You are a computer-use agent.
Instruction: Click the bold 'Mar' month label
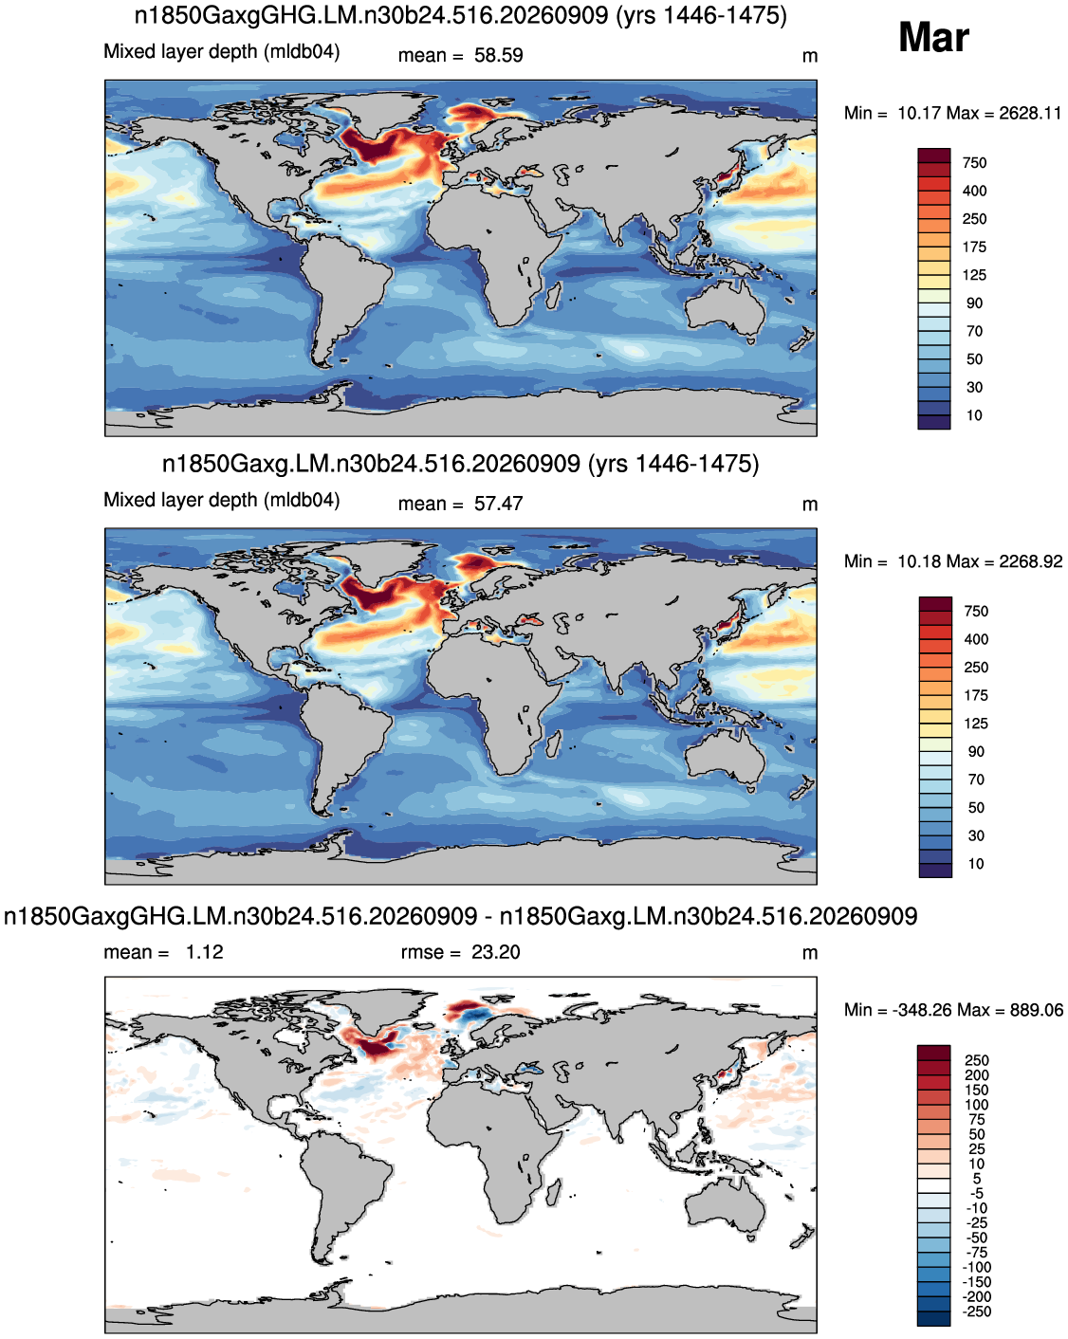tap(933, 37)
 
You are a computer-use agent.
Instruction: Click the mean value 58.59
tap(498, 55)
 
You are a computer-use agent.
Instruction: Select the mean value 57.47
tap(498, 504)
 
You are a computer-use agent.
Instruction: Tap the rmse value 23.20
tap(495, 952)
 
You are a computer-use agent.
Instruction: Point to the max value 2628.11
tap(1029, 113)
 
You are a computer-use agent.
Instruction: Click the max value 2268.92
tap(1031, 561)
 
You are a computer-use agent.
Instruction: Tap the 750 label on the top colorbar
tap(975, 163)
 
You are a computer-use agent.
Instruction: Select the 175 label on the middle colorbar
tap(976, 696)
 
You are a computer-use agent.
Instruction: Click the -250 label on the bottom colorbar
tap(977, 1311)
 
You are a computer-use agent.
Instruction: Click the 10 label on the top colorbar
tap(975, 415)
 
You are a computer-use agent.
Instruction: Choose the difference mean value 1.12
tap(205, 952)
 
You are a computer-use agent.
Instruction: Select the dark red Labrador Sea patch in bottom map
tap(376, 1049)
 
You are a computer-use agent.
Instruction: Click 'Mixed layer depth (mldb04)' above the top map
tap(222, 51)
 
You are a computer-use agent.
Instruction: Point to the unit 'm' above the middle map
tap(810, 504)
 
